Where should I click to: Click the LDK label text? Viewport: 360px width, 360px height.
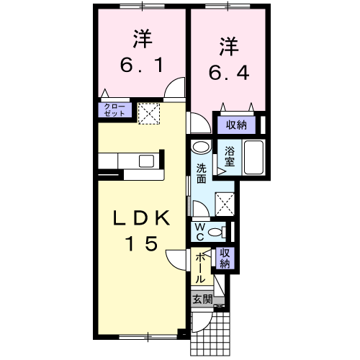[x=141, y=217]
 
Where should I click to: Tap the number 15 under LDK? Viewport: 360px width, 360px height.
[x=142, y=243]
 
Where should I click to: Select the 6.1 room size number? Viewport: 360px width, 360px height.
[x=142, y=65]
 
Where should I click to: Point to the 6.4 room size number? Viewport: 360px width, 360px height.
[x=229, y=73]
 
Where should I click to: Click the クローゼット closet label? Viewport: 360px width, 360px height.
[x=114, y=110]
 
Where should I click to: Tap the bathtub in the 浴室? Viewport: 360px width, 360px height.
[x=253, y=158]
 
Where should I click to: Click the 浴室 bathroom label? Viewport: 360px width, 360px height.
[x=230, y=157]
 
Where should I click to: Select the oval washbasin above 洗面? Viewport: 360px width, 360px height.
[x=201, y=146]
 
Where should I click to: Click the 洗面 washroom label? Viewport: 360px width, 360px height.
[x=202, y=174]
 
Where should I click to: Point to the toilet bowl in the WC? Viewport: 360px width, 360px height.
[x=216, y=232]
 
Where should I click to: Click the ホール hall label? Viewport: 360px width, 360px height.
[x=200, y=269]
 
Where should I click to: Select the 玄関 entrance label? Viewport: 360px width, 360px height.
[x=203, y=300]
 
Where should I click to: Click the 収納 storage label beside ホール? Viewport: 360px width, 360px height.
[x=225, y=258]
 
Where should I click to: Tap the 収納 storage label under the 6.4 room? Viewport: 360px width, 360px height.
[x=236, y=125]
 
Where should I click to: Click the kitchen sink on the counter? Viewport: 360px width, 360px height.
[x=146, y=161]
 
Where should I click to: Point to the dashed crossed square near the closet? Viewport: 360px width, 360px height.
[x=149, y=114]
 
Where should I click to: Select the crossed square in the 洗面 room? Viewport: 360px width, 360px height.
[x=225, y=204]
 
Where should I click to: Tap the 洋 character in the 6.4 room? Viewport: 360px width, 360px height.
[x=229, y=46]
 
